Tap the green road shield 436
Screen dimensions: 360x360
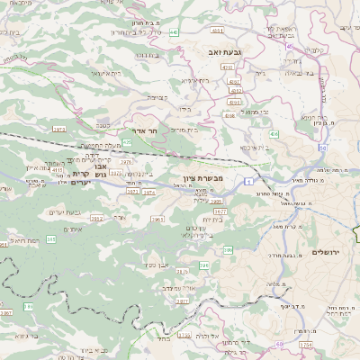click(x=271, y=132)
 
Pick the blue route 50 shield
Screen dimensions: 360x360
click(x=322, y=148)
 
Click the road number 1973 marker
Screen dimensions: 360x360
click(x=59, y=130)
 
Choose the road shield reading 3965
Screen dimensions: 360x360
click(x=158, y=218)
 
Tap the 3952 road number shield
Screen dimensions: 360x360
click(x=96, y=218)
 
